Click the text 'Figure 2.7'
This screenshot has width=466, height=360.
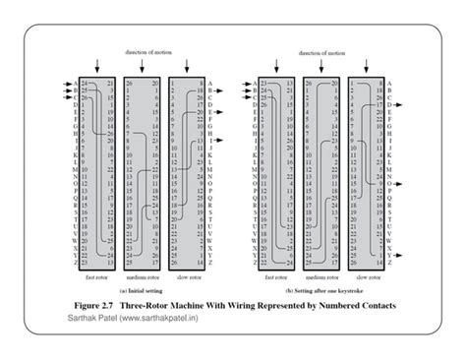point(99,306)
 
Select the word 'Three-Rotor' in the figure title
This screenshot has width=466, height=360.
point(161,306)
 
